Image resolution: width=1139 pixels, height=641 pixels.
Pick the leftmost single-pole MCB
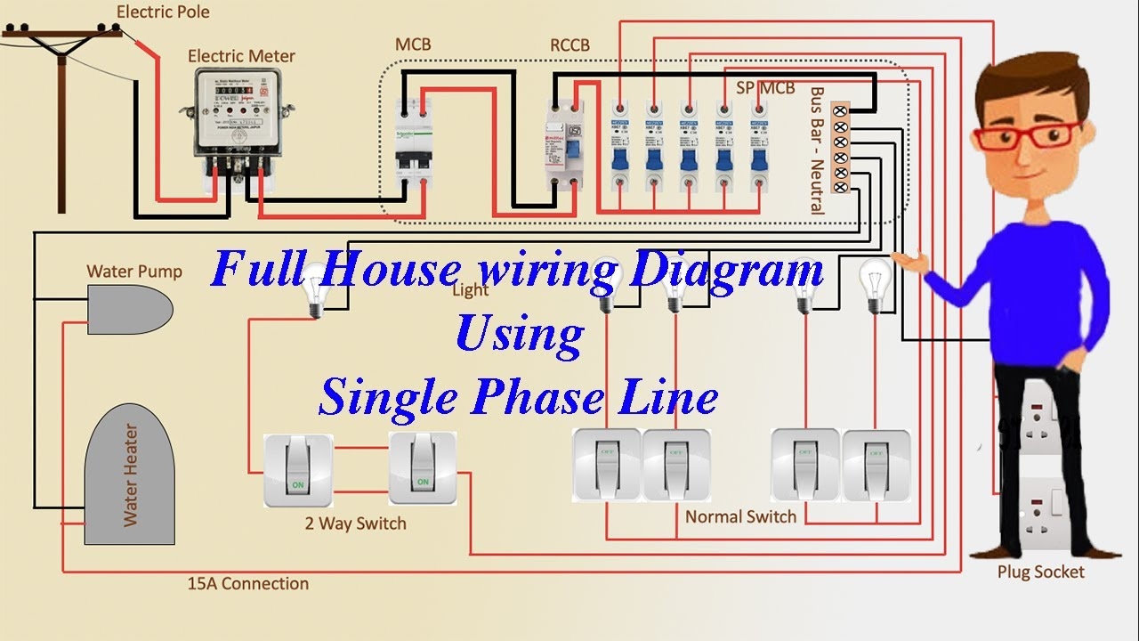click(x=618, y=147)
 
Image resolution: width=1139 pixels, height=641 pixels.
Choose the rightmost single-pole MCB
click(x=758, y=147)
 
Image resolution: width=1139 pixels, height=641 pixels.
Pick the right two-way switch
click(x=423, y=468)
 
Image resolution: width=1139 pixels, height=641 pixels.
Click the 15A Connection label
click(x=248, y=584)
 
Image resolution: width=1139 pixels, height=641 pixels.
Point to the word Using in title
click(x=519, y=335)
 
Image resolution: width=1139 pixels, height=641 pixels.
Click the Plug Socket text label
click(x=1040, y=572)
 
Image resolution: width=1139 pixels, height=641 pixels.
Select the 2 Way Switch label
click(x=355, y=523)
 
